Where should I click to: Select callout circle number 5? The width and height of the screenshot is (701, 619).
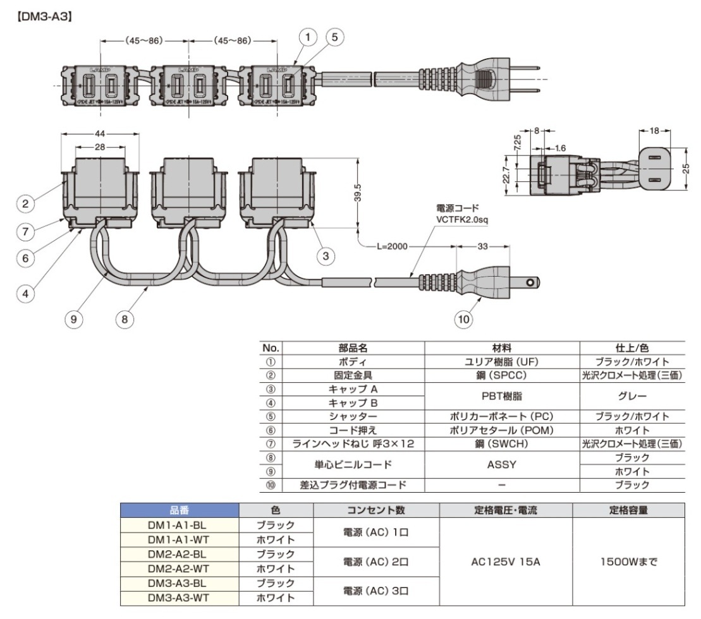tap(333, 38)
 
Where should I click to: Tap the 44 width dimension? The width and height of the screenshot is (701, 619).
tap(100, 134)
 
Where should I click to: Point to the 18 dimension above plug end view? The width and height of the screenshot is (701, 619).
tap(655, 130)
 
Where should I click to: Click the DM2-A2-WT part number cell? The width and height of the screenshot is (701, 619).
tap(176, 568)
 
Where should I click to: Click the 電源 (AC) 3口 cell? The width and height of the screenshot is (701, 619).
tap(375, 590)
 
